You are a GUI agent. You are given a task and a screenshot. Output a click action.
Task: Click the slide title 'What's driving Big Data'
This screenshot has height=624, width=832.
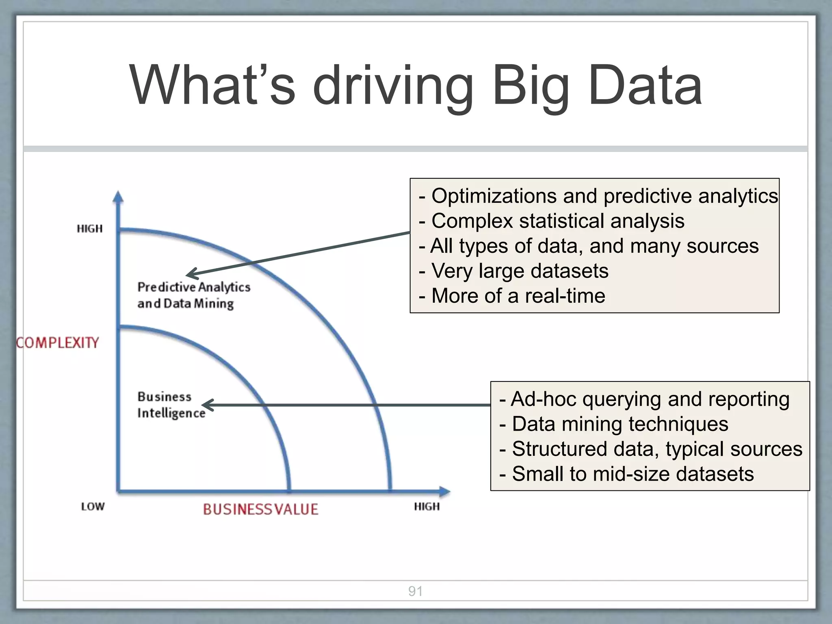[416, 86]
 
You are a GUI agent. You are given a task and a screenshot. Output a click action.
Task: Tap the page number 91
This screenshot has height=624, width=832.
[415, 591]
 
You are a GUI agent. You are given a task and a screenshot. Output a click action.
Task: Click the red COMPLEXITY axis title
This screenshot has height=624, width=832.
[58, 342]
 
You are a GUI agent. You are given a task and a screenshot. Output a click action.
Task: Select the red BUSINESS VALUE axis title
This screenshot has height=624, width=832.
[260, 509]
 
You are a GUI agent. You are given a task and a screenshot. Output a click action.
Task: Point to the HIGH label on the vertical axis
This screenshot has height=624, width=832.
[90, 229]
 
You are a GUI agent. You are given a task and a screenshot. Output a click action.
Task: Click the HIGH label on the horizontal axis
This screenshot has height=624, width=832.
[427, 507]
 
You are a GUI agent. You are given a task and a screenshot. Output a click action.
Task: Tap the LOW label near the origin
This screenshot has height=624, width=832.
[93, 507]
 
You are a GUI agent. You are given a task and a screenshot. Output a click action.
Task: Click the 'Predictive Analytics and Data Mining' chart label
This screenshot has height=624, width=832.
[193, 295]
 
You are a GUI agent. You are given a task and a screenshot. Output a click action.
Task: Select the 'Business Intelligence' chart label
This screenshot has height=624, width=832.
[171, 405]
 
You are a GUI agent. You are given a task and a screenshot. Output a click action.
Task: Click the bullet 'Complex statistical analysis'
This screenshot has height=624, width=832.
[557, 221]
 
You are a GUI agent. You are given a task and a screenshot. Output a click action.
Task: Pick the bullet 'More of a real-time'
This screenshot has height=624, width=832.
[518, 296]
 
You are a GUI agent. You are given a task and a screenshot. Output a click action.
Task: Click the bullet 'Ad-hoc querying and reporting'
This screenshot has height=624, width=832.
[649, 399]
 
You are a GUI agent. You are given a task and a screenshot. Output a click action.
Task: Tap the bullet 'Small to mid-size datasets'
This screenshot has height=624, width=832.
[632, 474]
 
